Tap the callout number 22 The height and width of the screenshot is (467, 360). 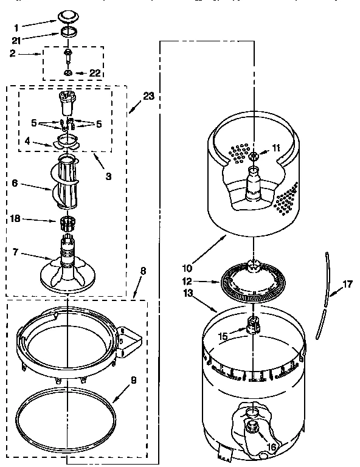(94, 74)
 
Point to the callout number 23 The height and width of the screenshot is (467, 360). (148, 96)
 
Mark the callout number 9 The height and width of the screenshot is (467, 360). (133, 381)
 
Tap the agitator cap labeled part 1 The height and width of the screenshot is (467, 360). (69, 17)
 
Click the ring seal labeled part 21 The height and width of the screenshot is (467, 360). (69, 33)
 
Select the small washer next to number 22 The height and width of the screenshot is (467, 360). (69, 74)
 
